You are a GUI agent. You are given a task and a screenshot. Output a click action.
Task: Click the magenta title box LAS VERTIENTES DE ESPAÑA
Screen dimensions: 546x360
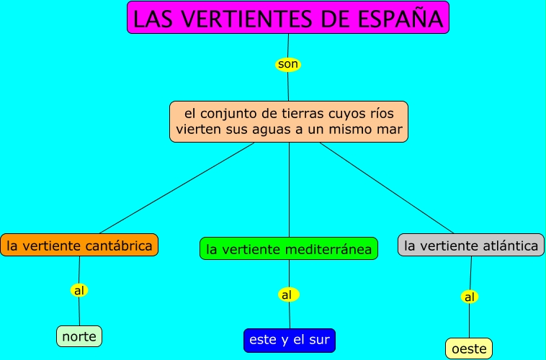click(x=288, y=18)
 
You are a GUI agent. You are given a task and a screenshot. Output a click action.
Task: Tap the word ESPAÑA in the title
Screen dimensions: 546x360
click(x=403, y=19)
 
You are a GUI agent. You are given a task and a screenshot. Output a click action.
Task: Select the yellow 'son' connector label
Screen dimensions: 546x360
click(x=287, y=65)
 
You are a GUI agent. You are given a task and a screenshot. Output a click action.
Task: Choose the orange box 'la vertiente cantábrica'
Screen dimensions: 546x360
click(x=79, y=246)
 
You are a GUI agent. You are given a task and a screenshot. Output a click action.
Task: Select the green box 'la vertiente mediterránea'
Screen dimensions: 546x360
click(x=289, y=249)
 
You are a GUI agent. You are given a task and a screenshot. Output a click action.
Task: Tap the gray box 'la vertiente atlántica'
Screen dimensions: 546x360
click(x=471, y=246)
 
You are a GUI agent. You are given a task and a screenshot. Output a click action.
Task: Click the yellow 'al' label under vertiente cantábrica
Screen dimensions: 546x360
click(x=79, y=291)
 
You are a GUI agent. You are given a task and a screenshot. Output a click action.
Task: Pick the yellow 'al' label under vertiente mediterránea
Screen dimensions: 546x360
click(x=287, y=294)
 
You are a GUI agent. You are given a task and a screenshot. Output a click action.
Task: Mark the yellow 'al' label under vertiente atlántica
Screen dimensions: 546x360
click(x=470, y=297)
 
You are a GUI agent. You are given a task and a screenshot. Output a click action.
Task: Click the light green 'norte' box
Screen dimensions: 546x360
click(x=79, y=336)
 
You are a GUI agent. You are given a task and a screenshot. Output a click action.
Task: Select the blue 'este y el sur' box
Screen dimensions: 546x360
click(x=290, y=340)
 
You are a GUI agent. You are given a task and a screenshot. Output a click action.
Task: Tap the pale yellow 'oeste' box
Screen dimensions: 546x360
click(x=469, y=348)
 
